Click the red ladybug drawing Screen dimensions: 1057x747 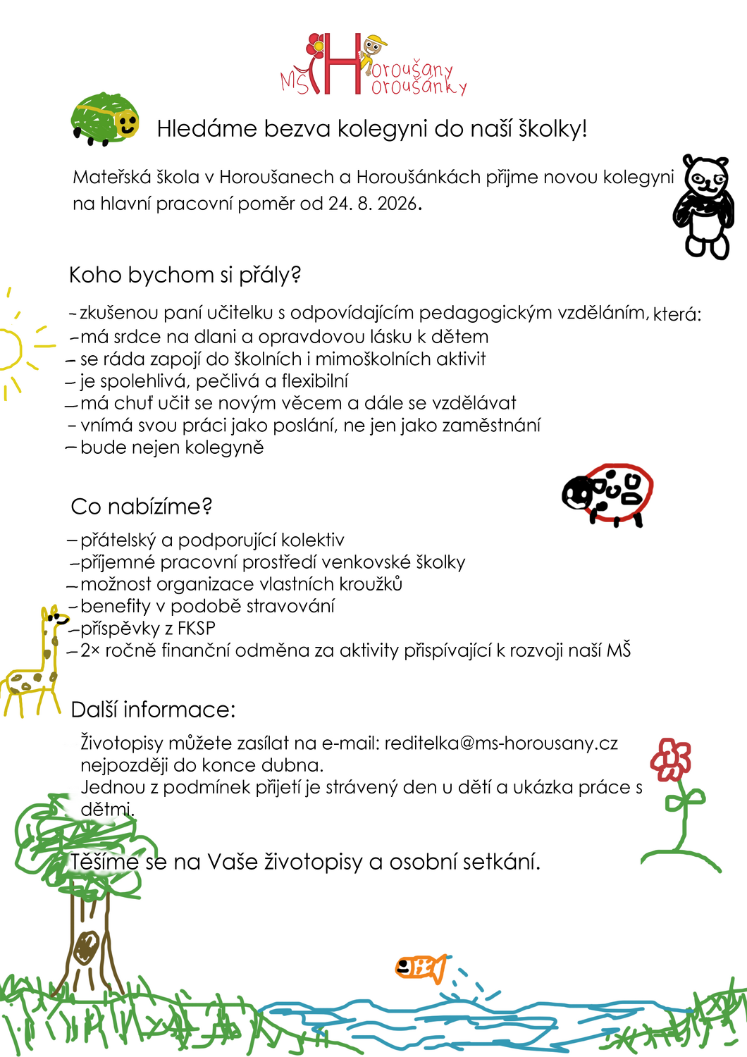[609, 495]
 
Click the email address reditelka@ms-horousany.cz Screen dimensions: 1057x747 [501, 743]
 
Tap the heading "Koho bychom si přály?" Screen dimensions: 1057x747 [185, 275]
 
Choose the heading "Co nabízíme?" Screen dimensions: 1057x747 [141, 506]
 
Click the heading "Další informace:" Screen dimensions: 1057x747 [153, 709]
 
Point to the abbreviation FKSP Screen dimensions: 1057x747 [196, 628]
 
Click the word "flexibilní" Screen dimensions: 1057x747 [314, 381]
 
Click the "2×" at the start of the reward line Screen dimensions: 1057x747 [90, 650]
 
